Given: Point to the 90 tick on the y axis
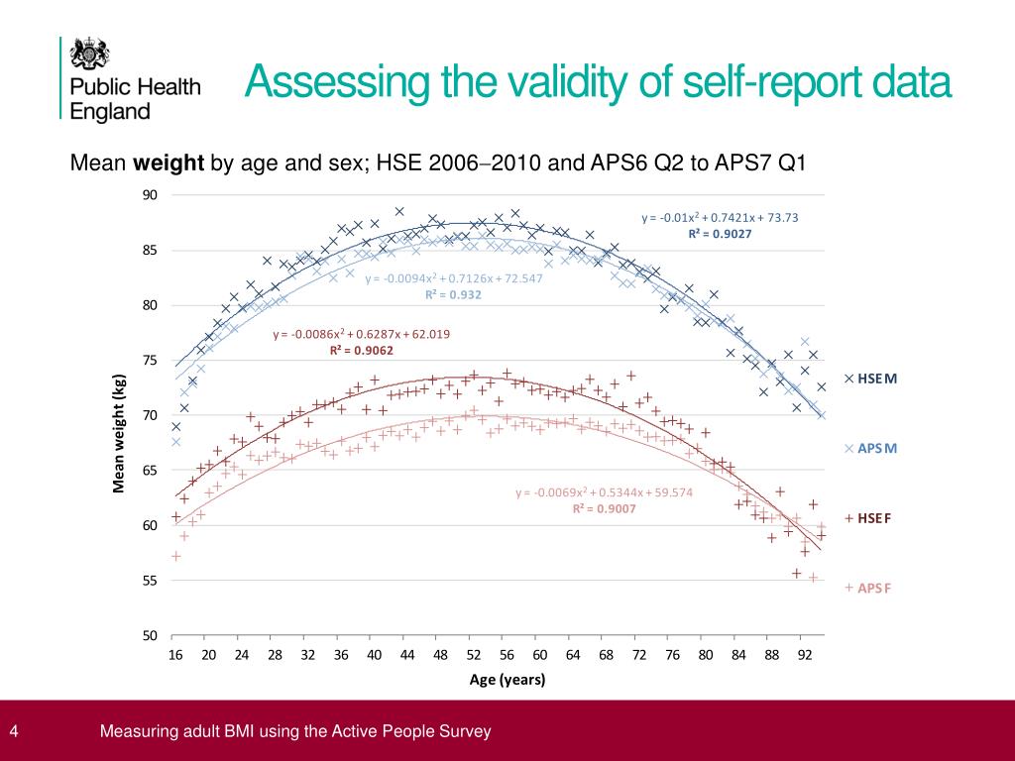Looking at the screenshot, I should tap(150, 195).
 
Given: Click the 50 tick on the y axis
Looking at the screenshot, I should tap(150, 635).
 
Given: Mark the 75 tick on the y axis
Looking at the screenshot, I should tap(150, 361).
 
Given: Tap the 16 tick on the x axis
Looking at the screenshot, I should tap(175, 655).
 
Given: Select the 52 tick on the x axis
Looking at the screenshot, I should tap(474, 655).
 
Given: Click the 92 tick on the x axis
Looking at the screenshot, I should tap(805, 655).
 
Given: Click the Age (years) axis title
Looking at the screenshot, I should tap(507, 680).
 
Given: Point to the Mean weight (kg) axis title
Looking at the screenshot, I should tap(119, 433).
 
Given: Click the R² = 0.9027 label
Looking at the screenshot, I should tap(720, 235).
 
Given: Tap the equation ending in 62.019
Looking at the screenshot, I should tap(361, 334).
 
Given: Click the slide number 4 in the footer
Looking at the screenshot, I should tap(14, 732).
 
